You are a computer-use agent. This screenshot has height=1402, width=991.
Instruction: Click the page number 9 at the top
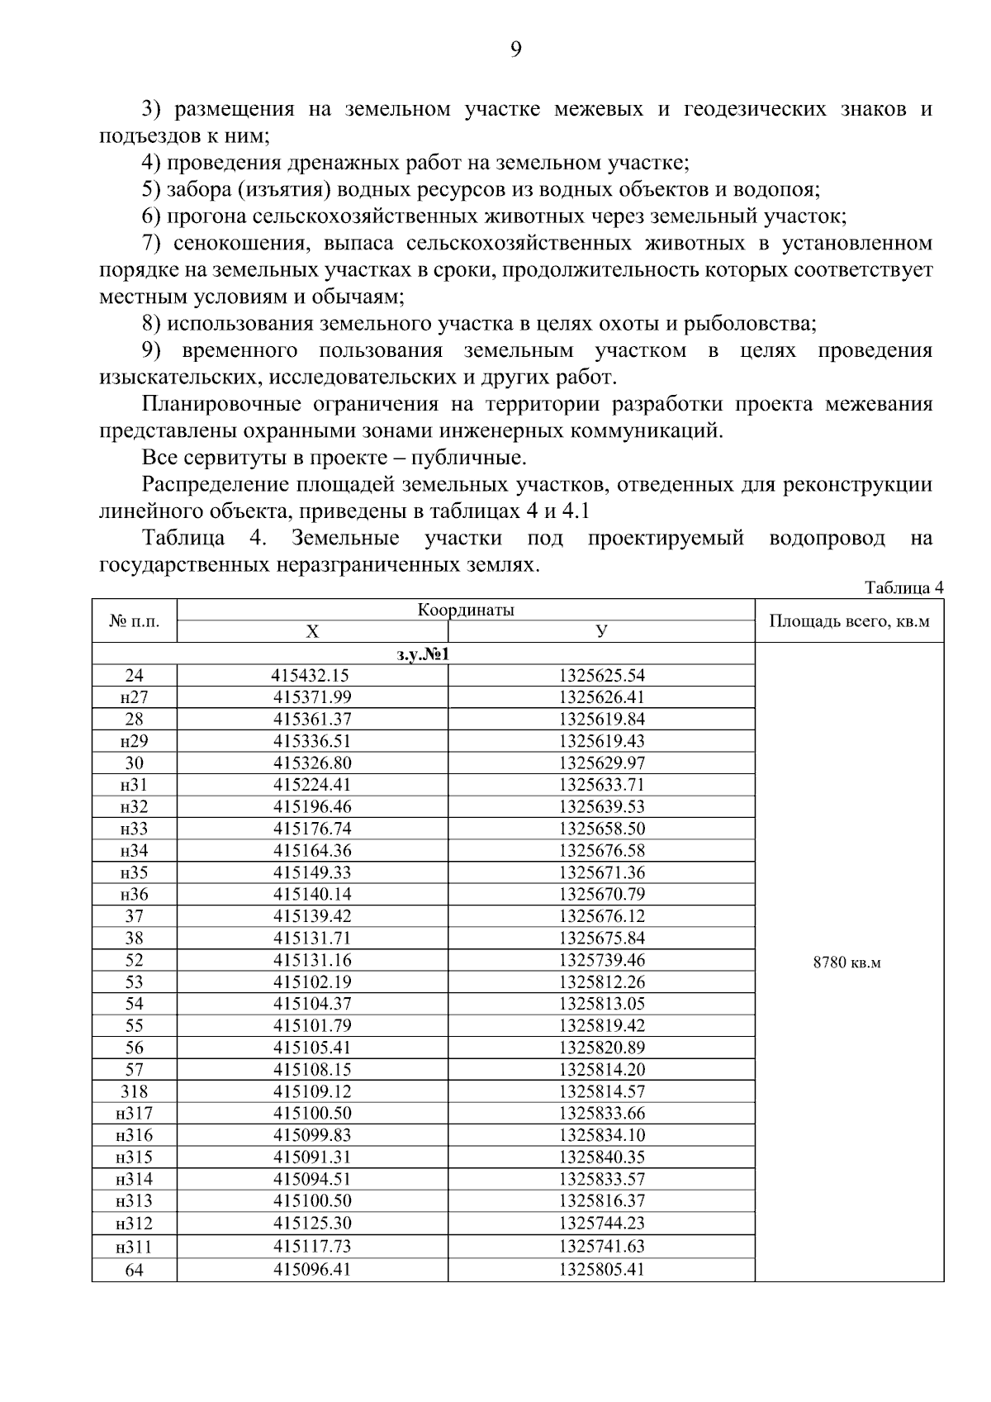515,50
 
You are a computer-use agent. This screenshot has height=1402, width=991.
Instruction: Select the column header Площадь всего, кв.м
849,621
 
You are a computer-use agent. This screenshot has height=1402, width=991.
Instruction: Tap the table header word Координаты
466,611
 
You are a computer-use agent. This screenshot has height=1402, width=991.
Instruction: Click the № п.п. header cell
134,621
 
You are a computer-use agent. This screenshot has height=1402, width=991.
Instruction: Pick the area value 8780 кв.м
847,962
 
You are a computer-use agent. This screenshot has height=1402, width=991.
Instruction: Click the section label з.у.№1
423,654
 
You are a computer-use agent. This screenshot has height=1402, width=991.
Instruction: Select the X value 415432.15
312,676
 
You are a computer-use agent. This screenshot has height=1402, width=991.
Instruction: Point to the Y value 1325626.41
601,697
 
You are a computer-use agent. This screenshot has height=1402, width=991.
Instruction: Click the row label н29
134,741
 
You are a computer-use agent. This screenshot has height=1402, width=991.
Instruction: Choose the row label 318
134,1091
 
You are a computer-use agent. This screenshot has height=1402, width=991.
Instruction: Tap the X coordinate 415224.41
312,785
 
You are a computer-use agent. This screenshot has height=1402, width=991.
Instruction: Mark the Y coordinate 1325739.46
601,960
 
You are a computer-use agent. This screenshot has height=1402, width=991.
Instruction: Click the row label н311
134,1246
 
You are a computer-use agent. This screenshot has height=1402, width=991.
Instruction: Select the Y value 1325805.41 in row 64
601,1269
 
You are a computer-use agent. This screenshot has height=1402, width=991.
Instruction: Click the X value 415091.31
312,1157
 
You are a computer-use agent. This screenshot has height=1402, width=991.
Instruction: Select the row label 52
134,960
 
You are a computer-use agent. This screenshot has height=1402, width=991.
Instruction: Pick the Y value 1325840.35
601,1157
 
